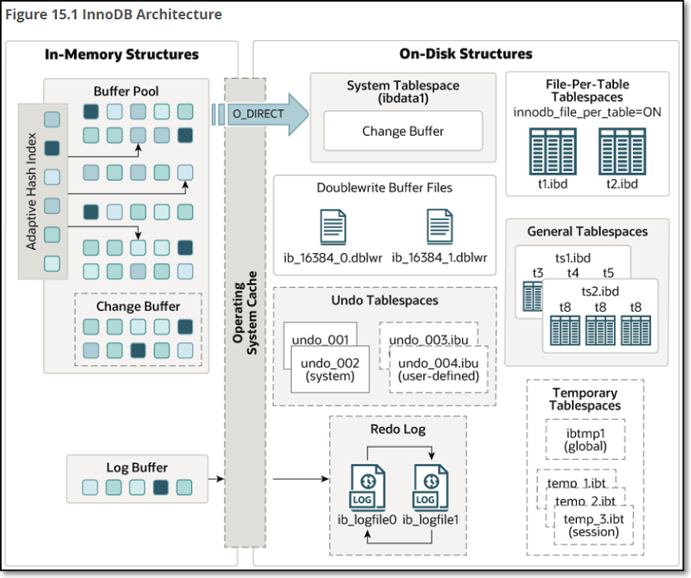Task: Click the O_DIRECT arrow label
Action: [258, 113]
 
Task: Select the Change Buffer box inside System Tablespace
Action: [403, 131]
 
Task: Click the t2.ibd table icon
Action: [620, 151]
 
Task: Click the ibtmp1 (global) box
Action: [584, 440]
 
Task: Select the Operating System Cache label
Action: [244, 314]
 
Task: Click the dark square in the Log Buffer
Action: [161, 486]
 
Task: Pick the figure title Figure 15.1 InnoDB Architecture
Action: [113, 14]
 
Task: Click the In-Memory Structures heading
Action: [121, 55]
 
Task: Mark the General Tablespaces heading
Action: [587, 232]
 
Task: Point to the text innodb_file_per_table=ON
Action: [587, 112]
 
